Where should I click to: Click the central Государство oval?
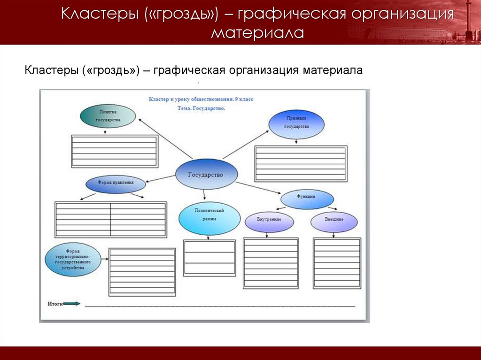206,174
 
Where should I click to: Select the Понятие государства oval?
108,116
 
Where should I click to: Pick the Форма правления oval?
116,184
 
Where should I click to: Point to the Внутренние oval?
269,222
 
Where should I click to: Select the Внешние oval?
334,222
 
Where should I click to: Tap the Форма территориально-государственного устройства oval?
73,259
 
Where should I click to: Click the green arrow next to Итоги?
72,304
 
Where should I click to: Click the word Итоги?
54,304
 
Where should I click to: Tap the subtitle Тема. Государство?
202,108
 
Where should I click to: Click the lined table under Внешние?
337,262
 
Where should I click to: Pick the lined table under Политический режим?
209,257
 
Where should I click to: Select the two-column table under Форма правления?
111,219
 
